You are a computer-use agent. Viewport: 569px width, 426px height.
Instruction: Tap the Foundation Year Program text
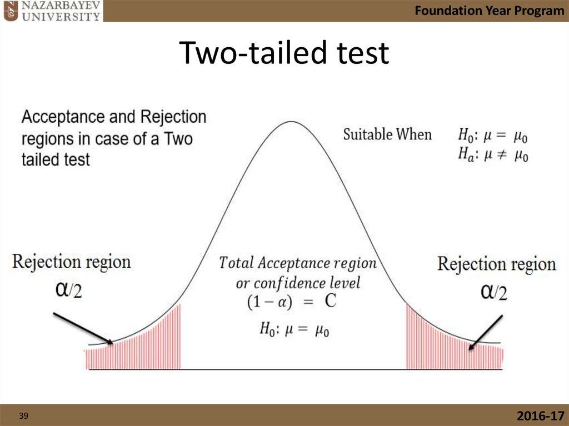pos(489,11)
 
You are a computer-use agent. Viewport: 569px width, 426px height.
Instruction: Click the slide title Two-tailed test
pos(284,53)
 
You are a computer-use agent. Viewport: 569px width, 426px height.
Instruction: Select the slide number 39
pos(23,415)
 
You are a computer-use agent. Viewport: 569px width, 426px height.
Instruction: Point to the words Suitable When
pos(387,134)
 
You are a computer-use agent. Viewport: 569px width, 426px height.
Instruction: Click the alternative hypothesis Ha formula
pos(492,154)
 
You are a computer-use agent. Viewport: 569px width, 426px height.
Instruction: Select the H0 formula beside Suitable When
pos(492,134)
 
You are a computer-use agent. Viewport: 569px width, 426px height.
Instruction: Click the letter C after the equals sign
pos(331,301)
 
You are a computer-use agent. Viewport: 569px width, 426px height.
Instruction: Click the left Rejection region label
pos(72,262)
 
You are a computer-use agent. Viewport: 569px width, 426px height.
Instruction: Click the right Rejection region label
pos(496,264)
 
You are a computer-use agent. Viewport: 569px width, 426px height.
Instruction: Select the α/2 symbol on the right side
pos(493,291)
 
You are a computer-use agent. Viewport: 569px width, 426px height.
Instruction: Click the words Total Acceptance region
pos(297,263)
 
